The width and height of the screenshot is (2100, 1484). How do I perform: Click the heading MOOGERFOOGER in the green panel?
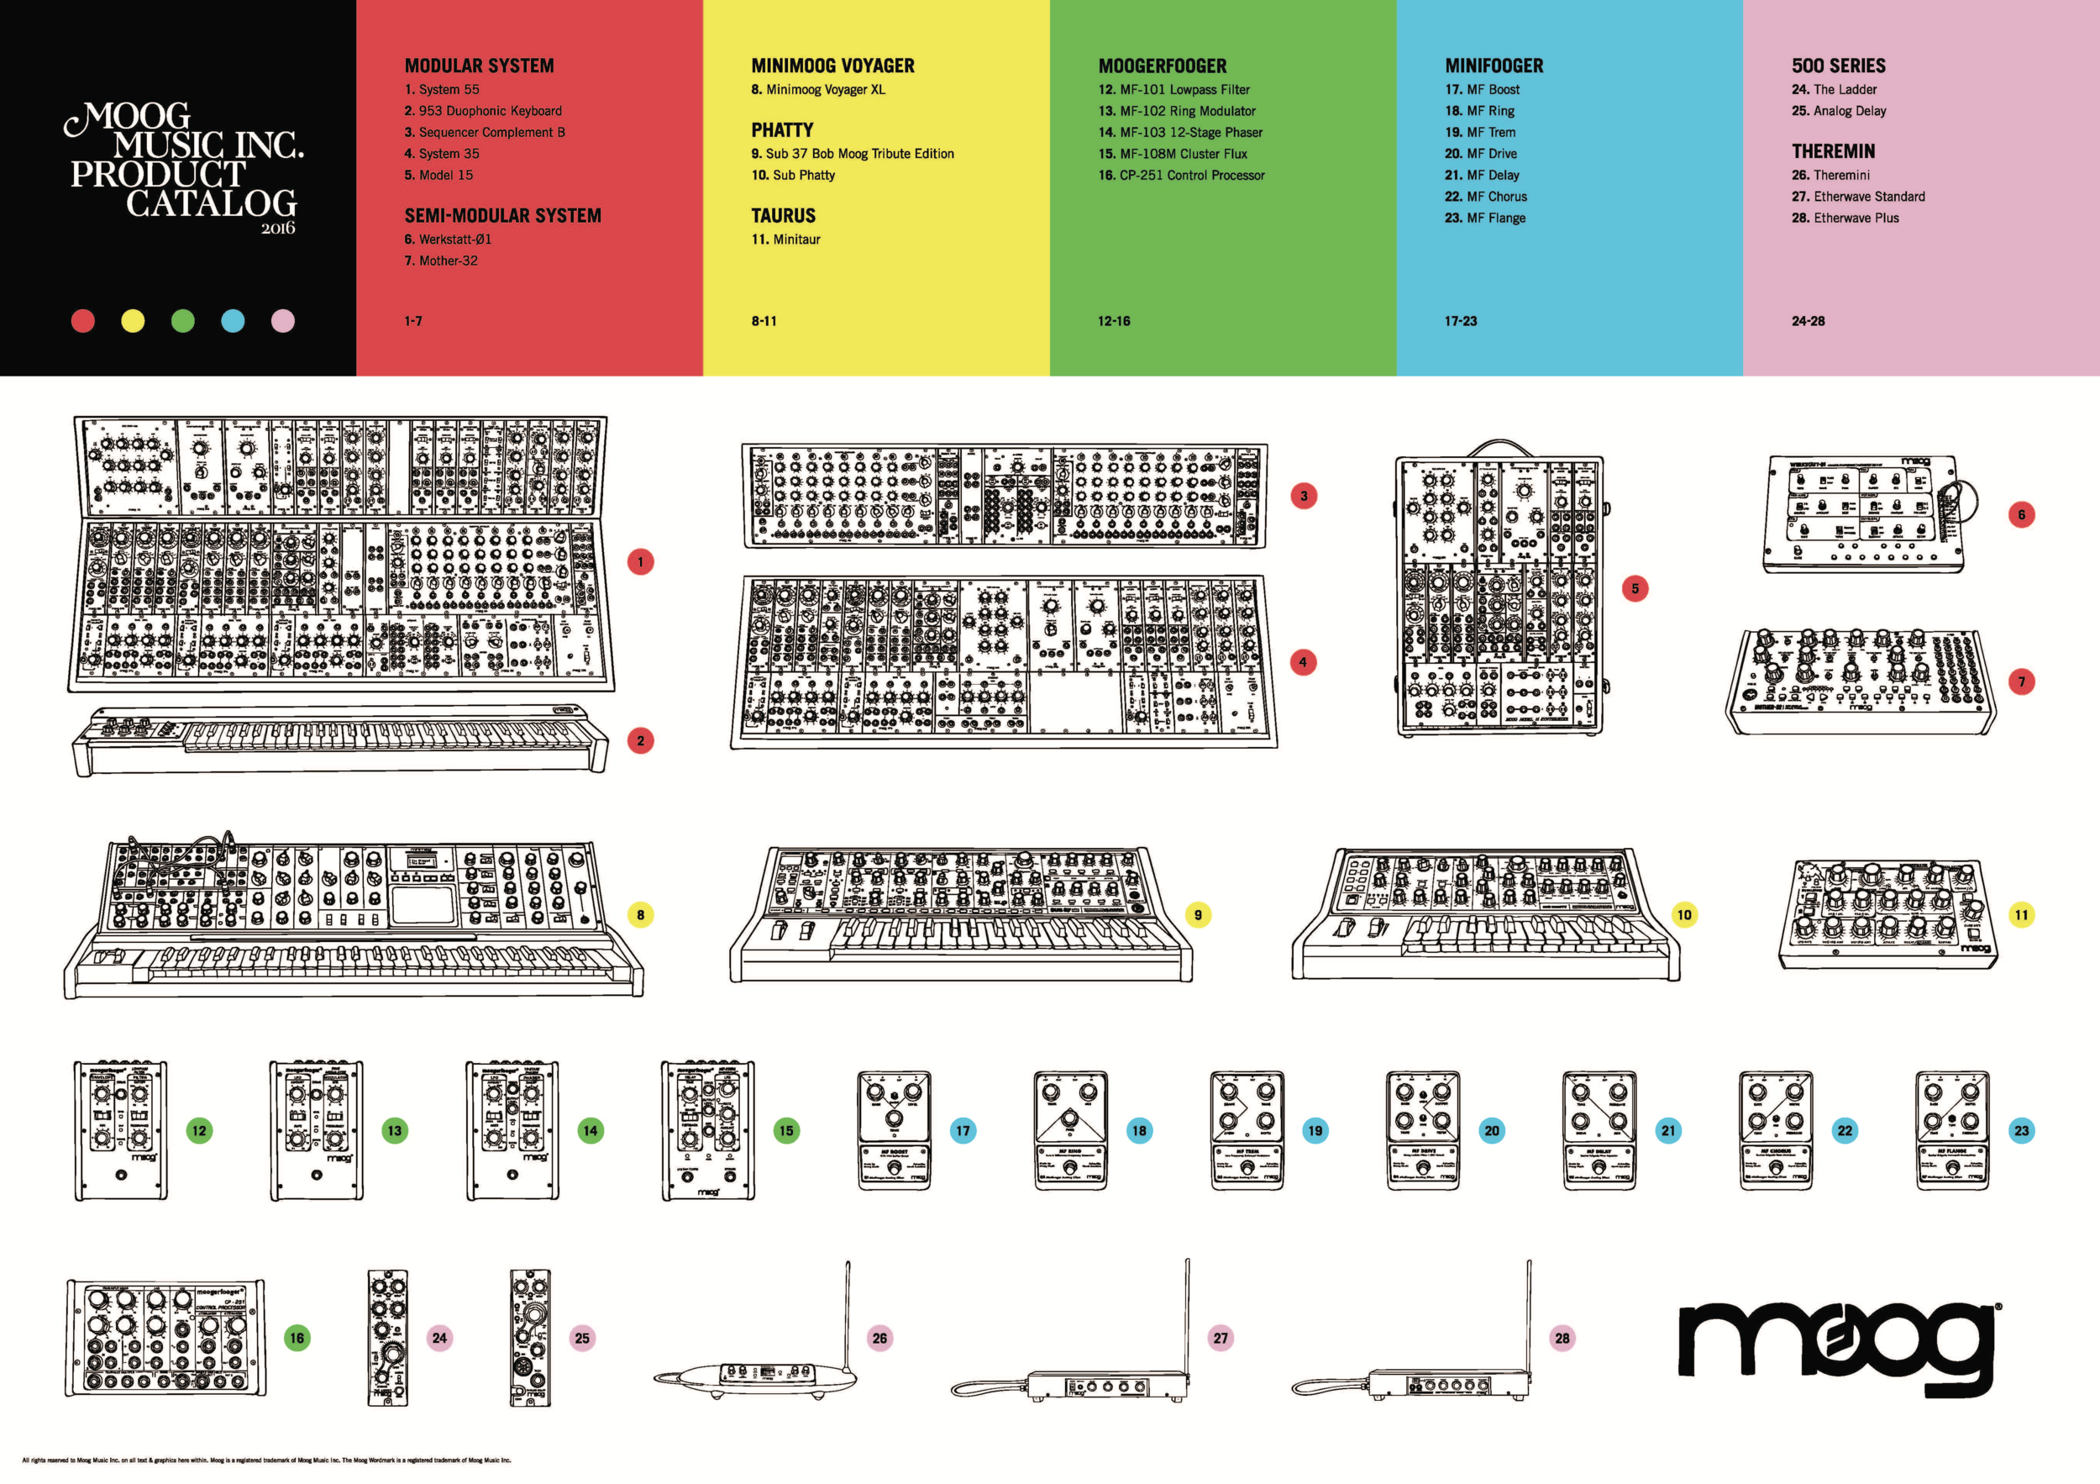[x=1162, y=66]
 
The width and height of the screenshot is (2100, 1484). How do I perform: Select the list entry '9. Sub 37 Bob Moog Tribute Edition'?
[x=852, y=154]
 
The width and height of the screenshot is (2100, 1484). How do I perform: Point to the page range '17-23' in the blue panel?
[x=1460, y=321]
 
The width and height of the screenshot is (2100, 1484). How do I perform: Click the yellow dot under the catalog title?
[x=133, y=321]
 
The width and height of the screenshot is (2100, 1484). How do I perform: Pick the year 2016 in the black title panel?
[x=277, y=228]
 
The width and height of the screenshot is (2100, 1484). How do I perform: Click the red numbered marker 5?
[x=1635, y=588]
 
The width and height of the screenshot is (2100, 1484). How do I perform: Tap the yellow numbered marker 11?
[x=2021, y=914]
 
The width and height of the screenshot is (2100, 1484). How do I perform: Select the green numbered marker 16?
[x=297, y=1338]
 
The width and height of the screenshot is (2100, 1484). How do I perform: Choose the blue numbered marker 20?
[x=1492, y=1131]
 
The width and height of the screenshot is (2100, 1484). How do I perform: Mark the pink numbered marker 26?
[x=879, y=1338]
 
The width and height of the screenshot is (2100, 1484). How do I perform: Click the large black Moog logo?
[x=1839, y=1341]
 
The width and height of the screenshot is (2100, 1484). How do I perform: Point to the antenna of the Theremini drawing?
[x=847, y=1318]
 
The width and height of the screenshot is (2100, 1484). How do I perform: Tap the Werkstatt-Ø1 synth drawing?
[x=1866, y=513]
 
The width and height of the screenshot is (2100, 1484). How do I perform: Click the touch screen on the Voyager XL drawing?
[x=423, y=904]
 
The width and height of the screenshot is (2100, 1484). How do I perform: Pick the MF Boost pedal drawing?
[x=894, y=1131]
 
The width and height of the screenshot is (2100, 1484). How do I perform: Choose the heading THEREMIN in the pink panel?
[x=1832, y=152]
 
